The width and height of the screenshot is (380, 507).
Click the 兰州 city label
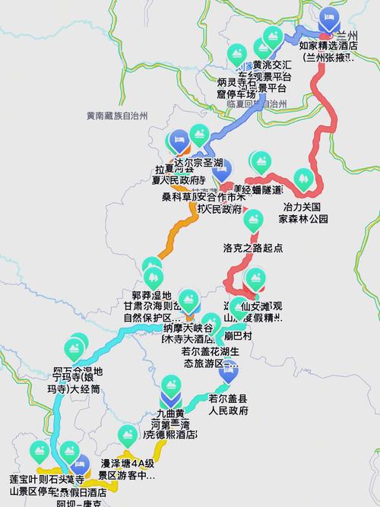pos(347,35)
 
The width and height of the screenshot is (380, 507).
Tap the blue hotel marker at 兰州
pos(328,18)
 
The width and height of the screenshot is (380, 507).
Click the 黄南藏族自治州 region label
pos(117,116)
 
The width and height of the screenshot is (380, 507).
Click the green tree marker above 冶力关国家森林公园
pos(303,179)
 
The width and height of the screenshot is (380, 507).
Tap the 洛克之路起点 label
pos(253,247)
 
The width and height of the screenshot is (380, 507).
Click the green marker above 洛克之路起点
pos(252,220)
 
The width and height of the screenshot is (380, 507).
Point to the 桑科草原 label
pos(179,197)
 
